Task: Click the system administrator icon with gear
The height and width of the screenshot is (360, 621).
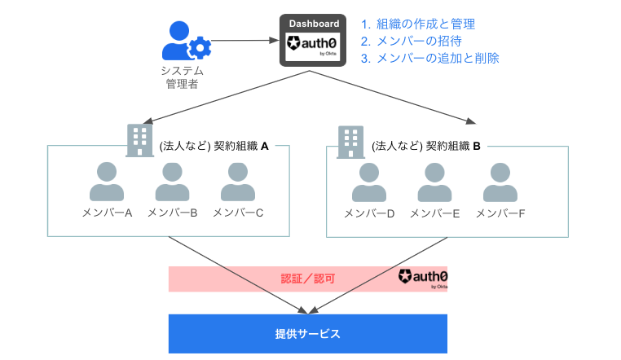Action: pyautogui.click(x=187, y=40)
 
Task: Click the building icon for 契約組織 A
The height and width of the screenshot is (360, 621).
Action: pyautogui.click(x=140, y=140)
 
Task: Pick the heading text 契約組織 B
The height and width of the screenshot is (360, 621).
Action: pyautogui.click(x=425, y=147)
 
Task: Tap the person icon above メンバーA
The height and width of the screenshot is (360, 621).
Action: pyautogui.click(x=107, y=182)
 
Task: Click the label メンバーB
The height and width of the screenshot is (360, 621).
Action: pyautogui.click(x=172, y=213)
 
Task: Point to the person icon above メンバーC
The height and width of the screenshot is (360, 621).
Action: pyautogui.click(x=237, y=182)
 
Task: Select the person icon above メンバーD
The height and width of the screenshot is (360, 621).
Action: pyautogui.click(x=369, y=182)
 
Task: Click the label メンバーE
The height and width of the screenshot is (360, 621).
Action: pyautogui.click(x=435, y=213)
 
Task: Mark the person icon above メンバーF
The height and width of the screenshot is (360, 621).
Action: pyautogui.click(x=500, y=182)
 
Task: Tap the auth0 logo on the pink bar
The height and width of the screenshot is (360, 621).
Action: pyautogui.click(x=423, y=279)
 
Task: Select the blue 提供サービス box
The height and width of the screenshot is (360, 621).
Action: pyautogui.click(x=308, y=334)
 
